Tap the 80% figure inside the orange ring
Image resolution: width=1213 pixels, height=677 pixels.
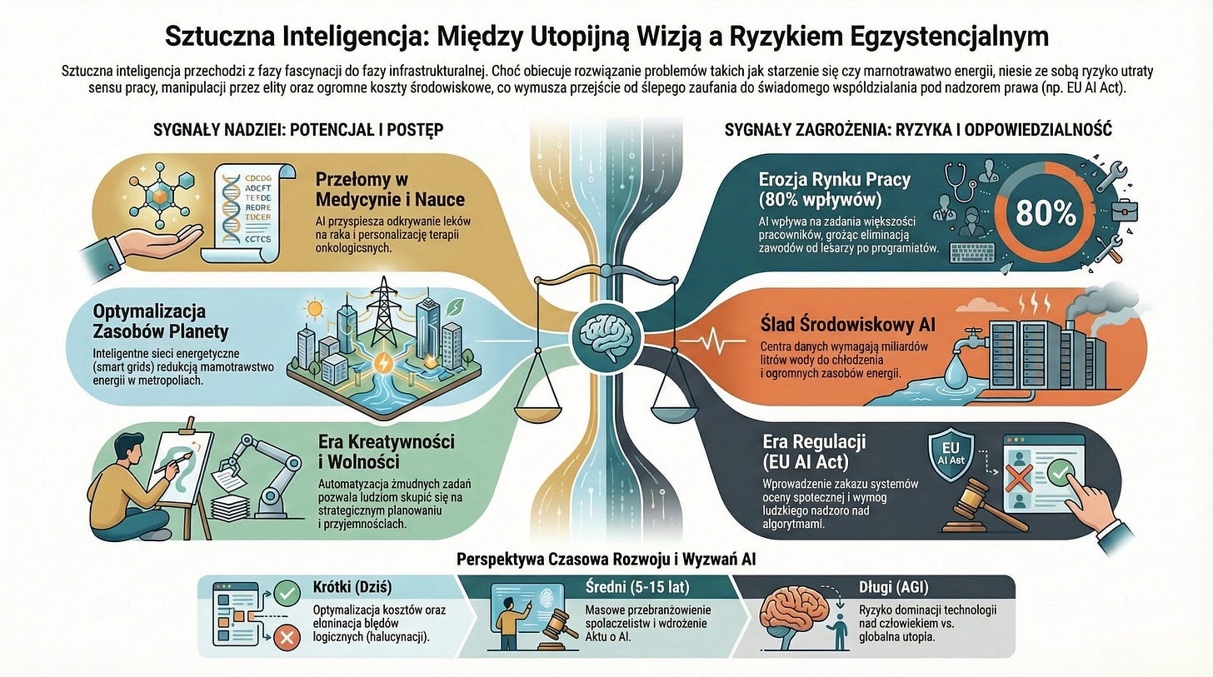coord(1046,213)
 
